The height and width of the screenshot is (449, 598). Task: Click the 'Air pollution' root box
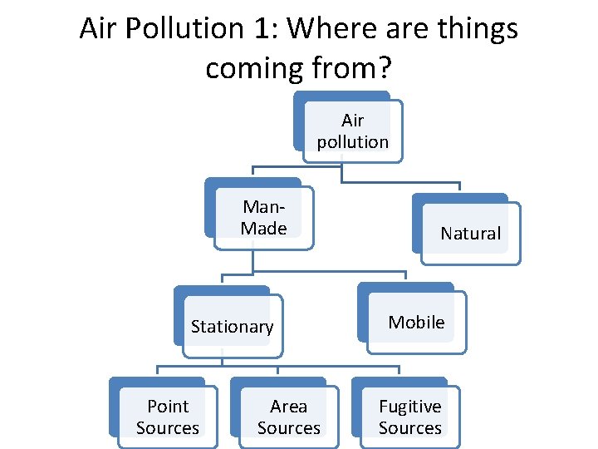coord(352,131)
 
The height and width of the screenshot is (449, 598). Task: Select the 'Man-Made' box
coord(264,217)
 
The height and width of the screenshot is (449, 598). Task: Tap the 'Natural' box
coord(470,234)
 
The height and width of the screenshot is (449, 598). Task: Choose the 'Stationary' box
coord(232,327)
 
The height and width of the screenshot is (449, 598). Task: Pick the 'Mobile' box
coord(416,322)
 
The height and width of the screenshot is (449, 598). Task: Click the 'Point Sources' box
coord(168,417)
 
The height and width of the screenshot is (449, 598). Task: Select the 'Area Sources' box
coord(288,417)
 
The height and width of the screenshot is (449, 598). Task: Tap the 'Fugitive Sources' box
coord(409,417)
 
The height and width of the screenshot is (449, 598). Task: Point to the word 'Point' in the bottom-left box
coord(168,407)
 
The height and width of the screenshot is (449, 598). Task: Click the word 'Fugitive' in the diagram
coord(409,407)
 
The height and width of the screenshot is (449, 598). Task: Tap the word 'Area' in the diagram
coord(288,407)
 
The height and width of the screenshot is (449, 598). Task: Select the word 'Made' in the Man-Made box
coord(264,228)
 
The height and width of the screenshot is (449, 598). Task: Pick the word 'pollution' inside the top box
coord(352,141)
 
